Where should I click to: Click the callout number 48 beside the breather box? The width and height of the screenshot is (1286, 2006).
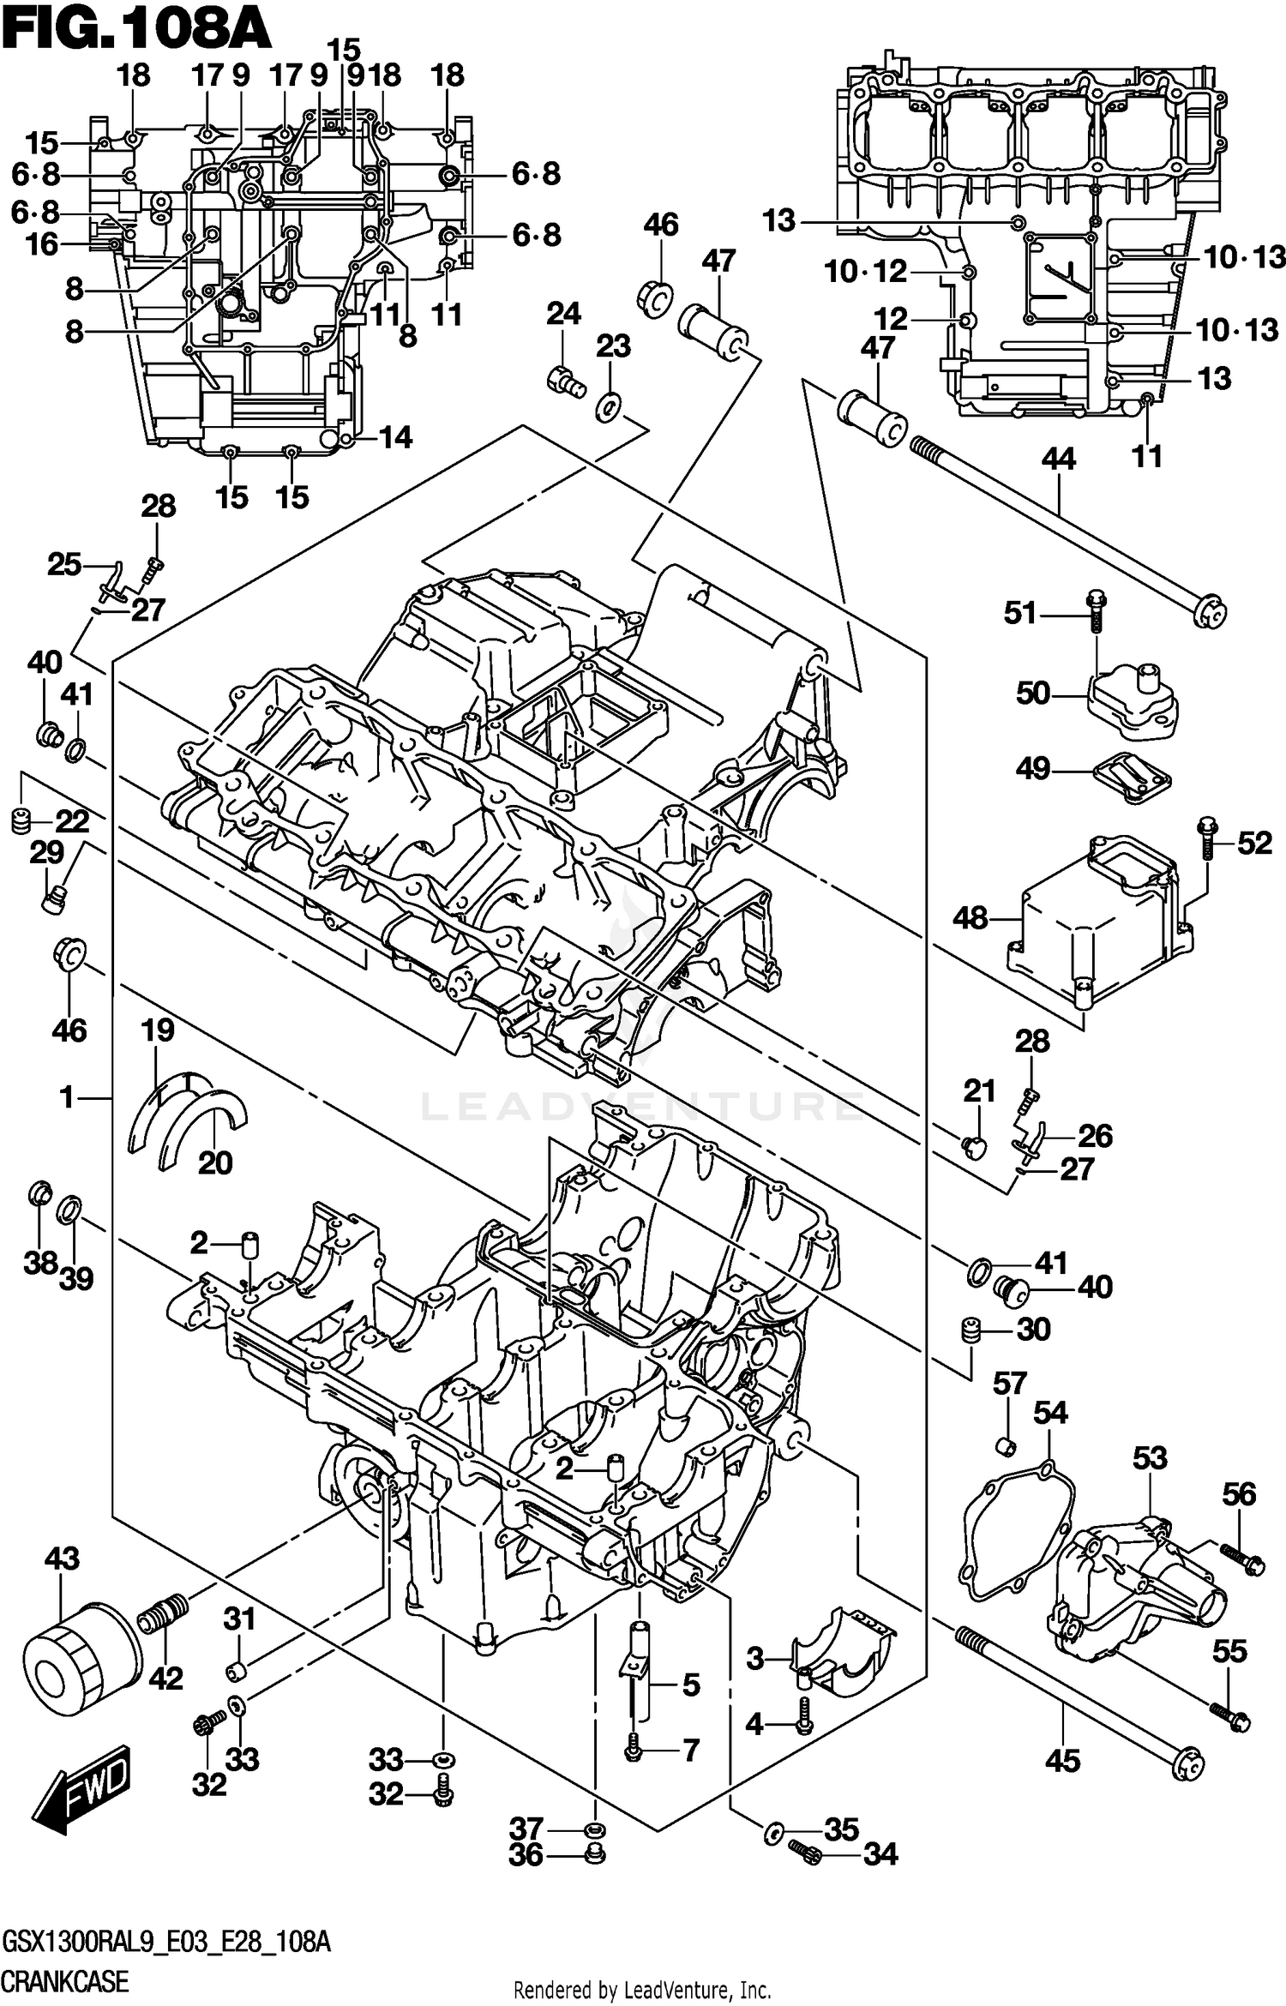(x=971, y=918)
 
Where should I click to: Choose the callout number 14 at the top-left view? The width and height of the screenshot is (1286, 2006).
(x=395, y=437)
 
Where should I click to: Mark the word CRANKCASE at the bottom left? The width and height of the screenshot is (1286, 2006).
(x=65, y=1981)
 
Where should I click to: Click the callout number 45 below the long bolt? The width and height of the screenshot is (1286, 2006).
(x=1062, y=1761)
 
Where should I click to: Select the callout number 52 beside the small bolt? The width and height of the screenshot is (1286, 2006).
(x=1254, y=843)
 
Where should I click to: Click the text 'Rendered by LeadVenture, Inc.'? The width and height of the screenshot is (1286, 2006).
(x=641, y=1989)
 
